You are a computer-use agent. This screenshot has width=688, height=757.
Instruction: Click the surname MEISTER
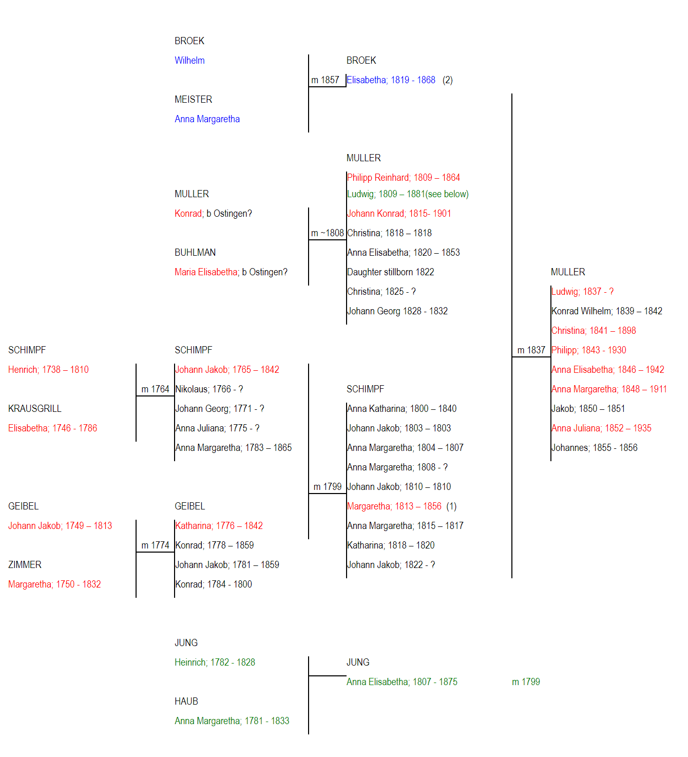point(193,99)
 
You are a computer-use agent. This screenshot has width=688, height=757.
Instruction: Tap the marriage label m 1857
point(325,80)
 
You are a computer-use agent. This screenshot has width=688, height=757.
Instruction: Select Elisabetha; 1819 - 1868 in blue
point(391,80)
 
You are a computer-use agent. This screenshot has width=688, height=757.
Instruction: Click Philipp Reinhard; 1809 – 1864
point(403,177)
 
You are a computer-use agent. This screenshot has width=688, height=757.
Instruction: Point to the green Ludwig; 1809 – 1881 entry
point(408,194)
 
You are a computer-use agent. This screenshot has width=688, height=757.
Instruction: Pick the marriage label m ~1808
point(327,233)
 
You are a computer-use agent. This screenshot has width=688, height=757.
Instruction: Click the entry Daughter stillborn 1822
point(390,272)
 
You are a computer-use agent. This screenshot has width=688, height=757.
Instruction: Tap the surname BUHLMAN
point(195,253)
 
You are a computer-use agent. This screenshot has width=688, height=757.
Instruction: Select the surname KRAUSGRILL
point(35,409)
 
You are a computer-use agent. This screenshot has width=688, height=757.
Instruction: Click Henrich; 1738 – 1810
point(48,369)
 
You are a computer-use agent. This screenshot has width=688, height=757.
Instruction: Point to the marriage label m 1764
point(155,389)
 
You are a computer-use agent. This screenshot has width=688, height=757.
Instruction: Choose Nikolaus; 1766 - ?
point(208,389)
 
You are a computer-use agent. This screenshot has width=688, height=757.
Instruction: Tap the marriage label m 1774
point(155,545)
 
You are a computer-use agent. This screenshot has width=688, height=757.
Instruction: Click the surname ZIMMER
point(25,565)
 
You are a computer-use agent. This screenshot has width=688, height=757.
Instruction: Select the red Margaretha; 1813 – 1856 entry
point(394,506)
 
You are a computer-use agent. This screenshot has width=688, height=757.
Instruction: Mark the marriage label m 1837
point(531,350)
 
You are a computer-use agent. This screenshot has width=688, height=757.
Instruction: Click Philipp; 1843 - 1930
point(588,350)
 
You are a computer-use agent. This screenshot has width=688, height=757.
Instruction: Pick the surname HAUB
point(186,702)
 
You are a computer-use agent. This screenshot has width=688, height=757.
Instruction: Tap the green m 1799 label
point(526,682)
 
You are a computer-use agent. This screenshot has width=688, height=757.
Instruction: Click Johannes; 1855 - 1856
point(594,448)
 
